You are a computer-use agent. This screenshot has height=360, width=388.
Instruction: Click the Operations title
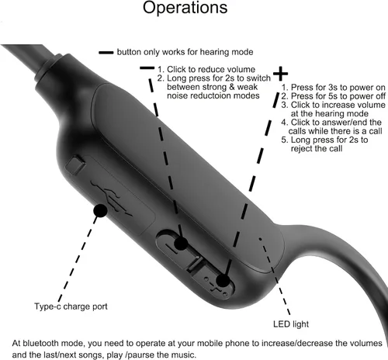click(185, 8)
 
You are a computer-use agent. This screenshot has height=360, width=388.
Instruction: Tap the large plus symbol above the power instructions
click(280, 74)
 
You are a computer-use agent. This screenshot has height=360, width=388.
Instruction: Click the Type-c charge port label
click(71, 306)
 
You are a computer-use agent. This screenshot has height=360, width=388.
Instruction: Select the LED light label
click(291, 324)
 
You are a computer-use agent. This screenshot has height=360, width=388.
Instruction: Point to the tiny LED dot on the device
click(260, 239)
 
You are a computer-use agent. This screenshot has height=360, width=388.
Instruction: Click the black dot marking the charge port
click(100, 210)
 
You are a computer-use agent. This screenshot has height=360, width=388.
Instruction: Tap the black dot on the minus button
click(181, 244)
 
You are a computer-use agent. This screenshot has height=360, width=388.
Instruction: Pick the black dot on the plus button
click(223, 281)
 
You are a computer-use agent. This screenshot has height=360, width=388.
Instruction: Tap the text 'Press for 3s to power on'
click(338, 88)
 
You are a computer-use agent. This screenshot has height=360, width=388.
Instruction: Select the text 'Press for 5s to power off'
click(338, 96)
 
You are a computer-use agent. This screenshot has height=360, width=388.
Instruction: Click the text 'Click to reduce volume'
click(211, 69)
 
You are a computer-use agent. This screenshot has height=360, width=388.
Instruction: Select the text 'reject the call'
click(317, 149)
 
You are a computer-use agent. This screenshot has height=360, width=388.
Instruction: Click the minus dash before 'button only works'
click(106, 53)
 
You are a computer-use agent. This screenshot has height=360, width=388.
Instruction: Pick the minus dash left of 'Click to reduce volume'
click(147, 68)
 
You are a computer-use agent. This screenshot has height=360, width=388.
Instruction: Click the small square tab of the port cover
click(75, 164)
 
